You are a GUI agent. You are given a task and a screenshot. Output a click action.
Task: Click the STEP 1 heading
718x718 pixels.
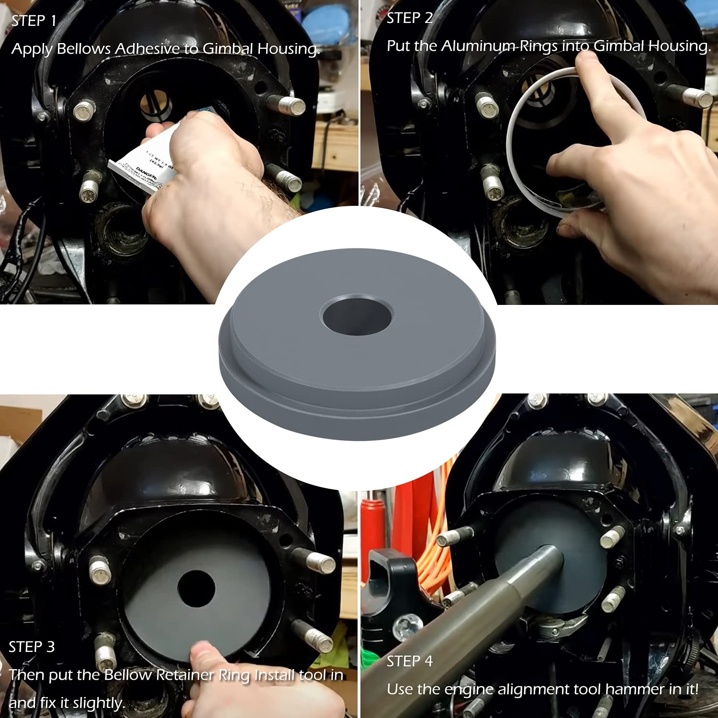pos(34,21)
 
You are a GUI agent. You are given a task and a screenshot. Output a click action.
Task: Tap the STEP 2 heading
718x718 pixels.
pos(409,18)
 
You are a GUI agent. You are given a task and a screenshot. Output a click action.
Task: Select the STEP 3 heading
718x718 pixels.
pos(32,647)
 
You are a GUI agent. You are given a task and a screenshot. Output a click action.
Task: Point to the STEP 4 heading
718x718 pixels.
pos(409,662)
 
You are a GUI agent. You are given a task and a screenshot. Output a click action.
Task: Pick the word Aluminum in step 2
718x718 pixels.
pos(479,46)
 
